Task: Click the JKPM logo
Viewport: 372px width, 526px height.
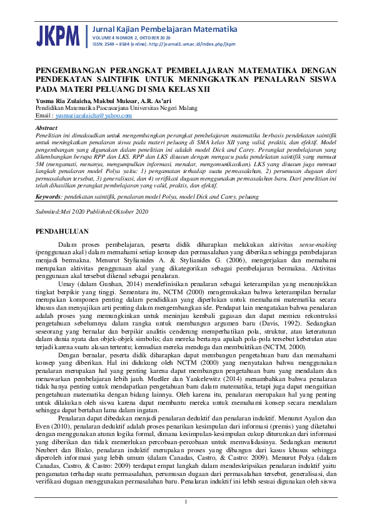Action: (58, 34)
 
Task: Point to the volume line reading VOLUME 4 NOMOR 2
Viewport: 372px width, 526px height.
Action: (115, 38)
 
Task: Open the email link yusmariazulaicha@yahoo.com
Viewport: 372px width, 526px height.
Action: (93, 116)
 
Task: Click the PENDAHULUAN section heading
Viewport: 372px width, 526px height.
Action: (63, 231)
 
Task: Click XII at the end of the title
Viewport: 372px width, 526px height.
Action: (200, 89)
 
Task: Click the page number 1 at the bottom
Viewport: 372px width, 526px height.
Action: (186, 502)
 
